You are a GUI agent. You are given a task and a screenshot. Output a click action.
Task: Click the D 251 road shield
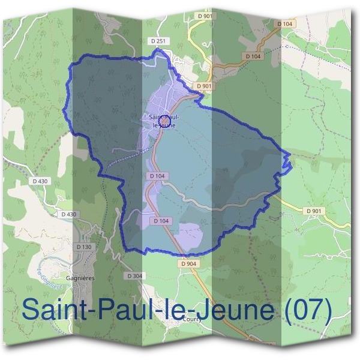click(x=158, y=40)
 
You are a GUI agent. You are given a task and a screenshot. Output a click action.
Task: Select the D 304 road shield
click(x=135, y=275)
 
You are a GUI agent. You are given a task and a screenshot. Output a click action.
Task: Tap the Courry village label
click(x=193, y=320)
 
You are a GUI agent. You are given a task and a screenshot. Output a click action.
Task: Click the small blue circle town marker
click(x=161, y=121)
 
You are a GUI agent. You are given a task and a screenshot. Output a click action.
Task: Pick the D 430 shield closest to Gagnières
click(x=69, y=214)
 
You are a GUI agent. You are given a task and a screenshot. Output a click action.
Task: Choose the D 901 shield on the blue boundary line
click(x=205, y=86)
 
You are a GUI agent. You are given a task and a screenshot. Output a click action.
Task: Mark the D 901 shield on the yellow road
click(x=314, y=211)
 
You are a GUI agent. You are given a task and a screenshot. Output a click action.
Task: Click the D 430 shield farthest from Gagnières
click(x=40, y=181)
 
